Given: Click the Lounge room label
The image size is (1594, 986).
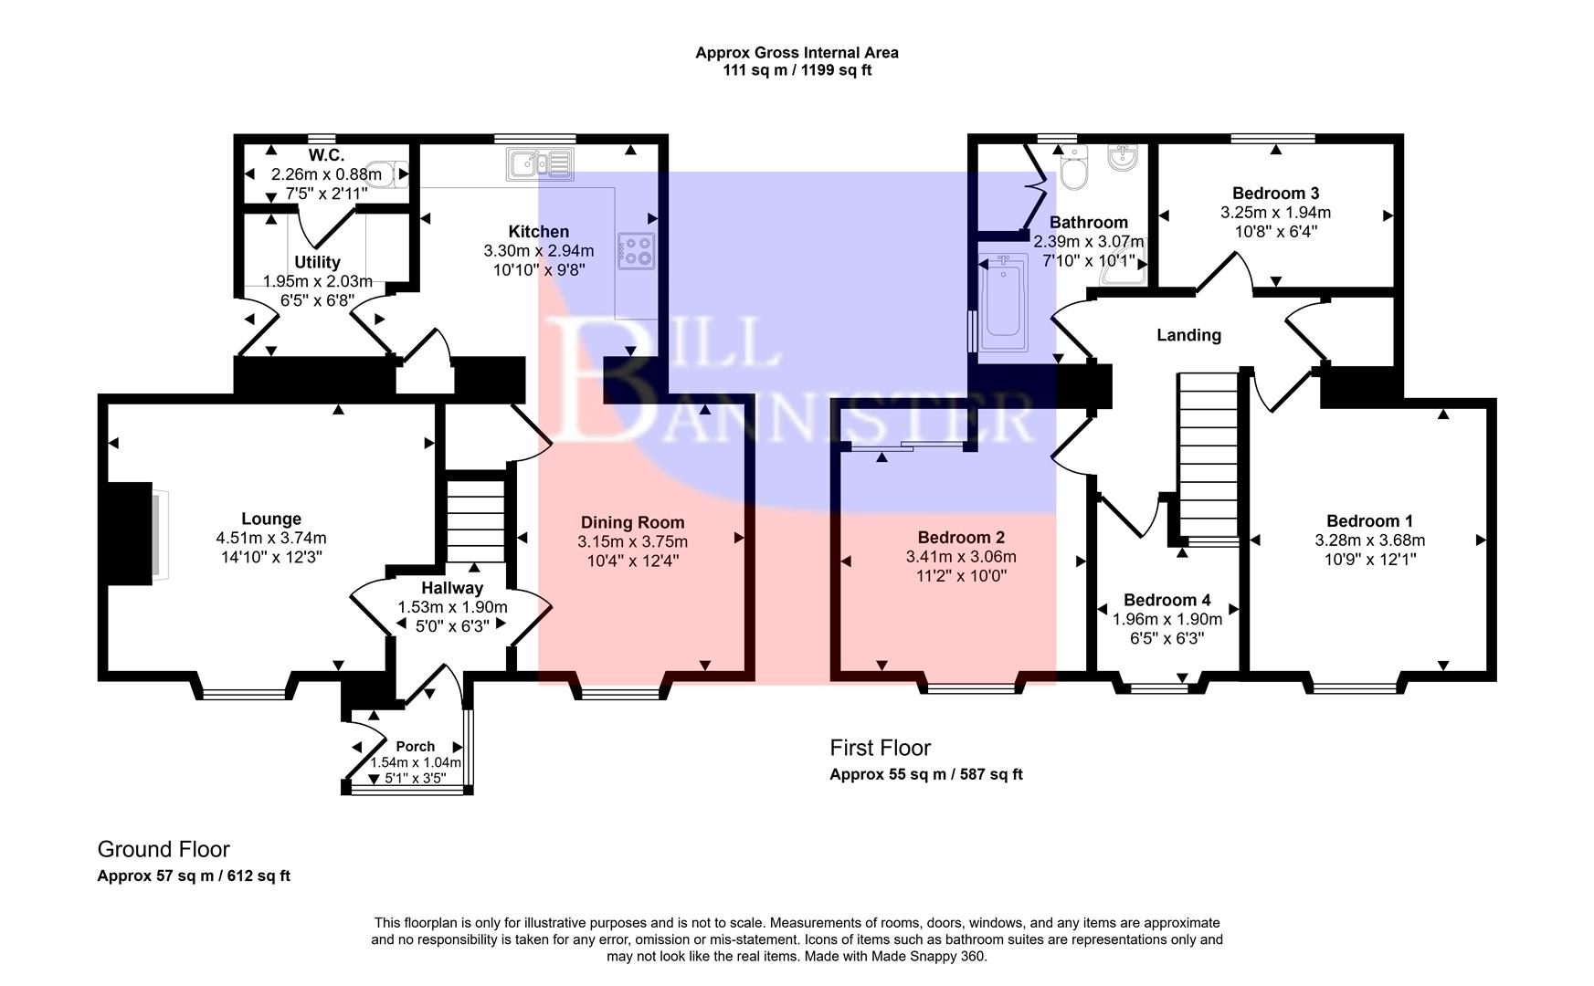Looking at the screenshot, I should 271,519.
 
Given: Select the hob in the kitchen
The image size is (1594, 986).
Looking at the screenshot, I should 636,251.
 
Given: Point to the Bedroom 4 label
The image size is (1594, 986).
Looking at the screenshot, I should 1166,600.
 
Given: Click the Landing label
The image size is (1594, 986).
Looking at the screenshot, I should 1188,335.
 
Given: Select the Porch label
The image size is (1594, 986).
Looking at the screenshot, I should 416,746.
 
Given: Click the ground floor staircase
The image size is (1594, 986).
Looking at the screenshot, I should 475,520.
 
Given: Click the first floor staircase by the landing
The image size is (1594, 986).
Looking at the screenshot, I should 1207,456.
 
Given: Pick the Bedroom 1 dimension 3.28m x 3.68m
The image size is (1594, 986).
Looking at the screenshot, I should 1369,540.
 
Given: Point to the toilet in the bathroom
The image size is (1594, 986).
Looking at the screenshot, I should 1073,169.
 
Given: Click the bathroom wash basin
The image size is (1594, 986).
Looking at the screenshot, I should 1122,158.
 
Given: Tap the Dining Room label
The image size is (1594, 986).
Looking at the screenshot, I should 632,522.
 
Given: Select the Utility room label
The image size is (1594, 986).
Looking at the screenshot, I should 317,262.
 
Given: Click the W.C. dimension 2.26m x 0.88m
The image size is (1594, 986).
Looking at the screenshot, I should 326,174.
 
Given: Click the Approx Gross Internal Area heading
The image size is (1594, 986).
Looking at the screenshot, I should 797,53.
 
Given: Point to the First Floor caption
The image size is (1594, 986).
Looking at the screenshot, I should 880,748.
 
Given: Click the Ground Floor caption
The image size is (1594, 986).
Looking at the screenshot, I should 164,849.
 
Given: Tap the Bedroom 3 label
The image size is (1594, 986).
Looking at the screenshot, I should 1275,193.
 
